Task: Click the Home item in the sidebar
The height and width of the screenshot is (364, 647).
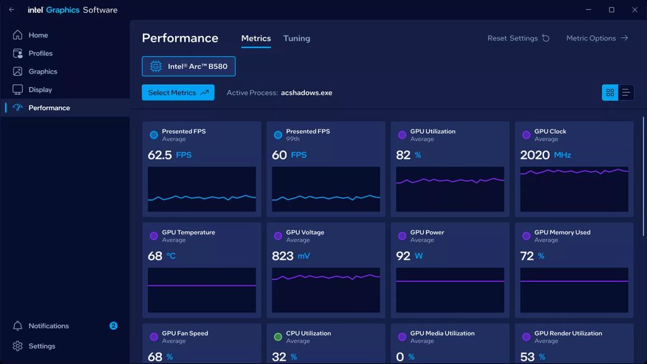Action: tap(38, 35)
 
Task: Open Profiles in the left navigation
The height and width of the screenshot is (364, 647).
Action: tap(40, 54)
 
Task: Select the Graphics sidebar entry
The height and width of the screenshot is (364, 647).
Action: tap(42, 71)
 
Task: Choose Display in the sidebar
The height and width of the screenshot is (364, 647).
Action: tap(40, 90)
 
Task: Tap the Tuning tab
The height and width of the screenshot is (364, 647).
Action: tap(296, 39)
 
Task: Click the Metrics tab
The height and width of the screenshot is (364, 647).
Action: tap(256, 39)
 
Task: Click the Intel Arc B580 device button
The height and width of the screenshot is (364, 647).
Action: tap(188, 66)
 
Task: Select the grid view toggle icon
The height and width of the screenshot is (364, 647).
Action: tap(610, 93)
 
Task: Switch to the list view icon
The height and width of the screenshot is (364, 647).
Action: tap(626, 93)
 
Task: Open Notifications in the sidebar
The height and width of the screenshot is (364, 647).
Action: tap(49, 326)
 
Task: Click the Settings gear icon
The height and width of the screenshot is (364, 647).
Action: tap(18, 346)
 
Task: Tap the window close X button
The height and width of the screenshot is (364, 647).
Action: tap(635, 9)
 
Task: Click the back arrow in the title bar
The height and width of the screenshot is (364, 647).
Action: tap(11, 9)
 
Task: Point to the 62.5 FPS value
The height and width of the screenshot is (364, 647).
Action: tap(160, 155)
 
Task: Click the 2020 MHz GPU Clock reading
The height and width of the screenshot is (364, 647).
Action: tap(535, 155)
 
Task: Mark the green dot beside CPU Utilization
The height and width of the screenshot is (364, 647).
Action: tap(278, 337)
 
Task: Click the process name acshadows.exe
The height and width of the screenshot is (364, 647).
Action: tap(306, 93)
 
